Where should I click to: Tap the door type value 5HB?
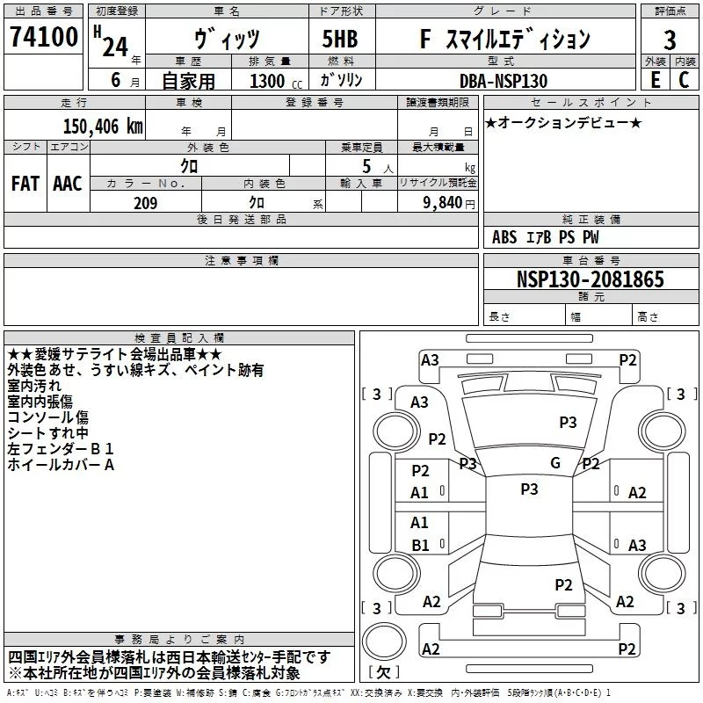click(340, 39)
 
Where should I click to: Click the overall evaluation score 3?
click(670, 40)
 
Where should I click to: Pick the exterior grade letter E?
click(655, 79)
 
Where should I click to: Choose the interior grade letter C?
click(684, 79)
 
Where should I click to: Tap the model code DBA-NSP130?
click(502, 81)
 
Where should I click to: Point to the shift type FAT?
click(25, 183)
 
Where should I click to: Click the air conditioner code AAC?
click(67, 183)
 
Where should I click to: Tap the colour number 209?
click(145, 203)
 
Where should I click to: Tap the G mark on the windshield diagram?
click(554, 463)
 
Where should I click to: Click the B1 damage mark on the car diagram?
click(420, 545)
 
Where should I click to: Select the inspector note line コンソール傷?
click(47, 417)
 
